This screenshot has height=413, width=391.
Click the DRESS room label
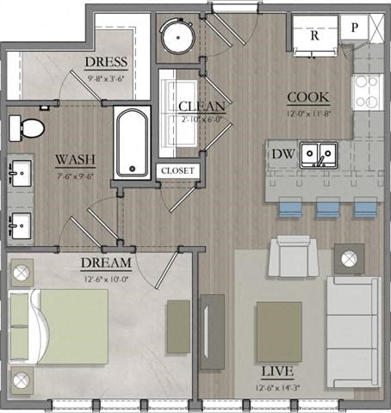click(106, 62)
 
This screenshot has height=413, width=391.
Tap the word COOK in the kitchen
click(306, 97)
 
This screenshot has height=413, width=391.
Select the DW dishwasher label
click(281, 155)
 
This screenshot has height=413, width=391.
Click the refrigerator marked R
click(314, 36)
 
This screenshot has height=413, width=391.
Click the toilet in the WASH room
click(30, 128)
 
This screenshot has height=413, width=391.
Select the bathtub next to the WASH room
click(133, 142)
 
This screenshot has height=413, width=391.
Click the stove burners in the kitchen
click(369, 87)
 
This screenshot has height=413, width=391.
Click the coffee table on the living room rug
click(278, 330)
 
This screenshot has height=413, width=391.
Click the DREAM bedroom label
click(106, 262)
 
